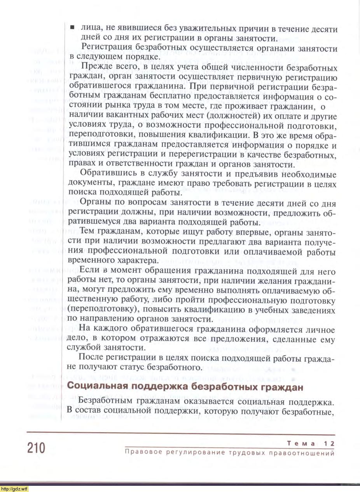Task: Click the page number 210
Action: [37, 448]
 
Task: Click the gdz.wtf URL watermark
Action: [14, 489]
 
